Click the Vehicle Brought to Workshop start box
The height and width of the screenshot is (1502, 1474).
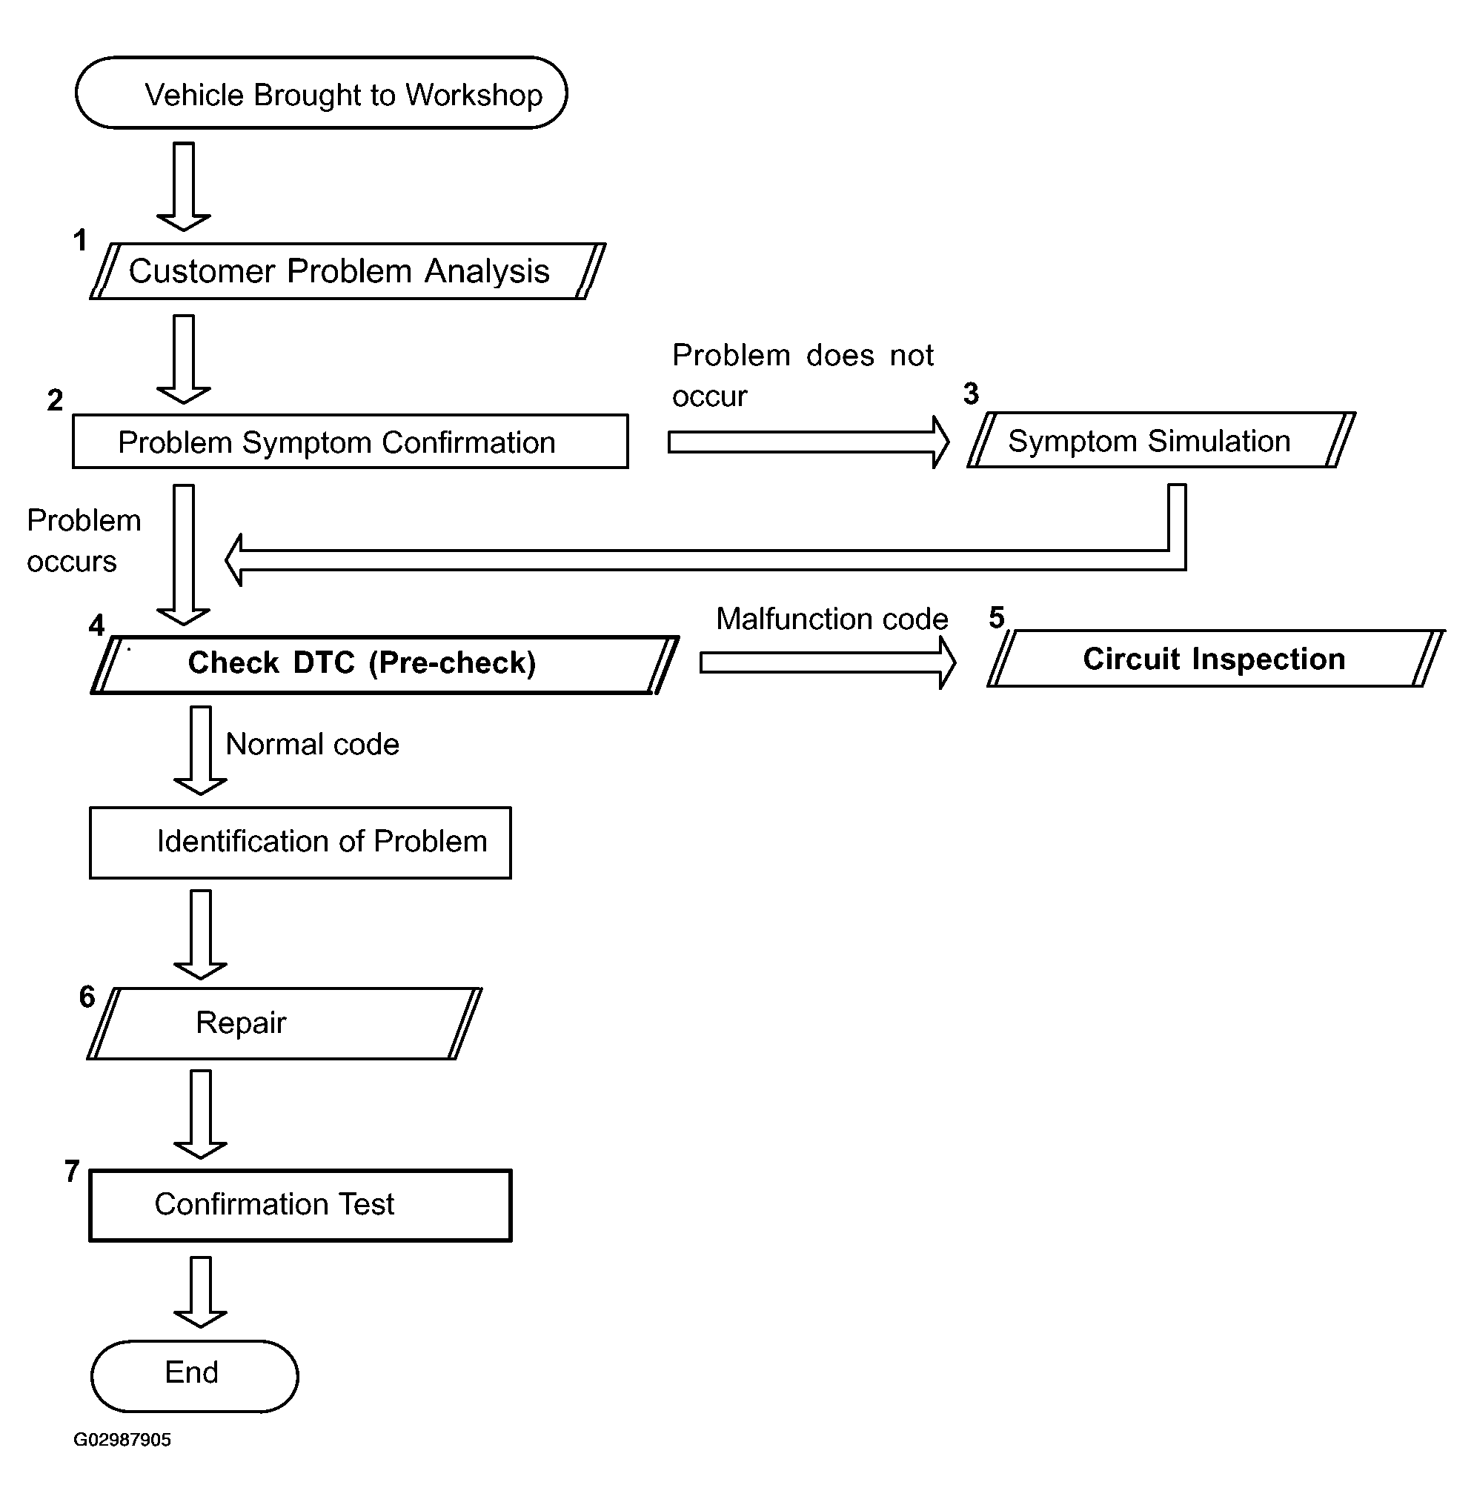point(322,93)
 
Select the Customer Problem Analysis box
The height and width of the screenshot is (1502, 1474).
point(348,271)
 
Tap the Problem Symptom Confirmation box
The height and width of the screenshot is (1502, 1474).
point(350,442)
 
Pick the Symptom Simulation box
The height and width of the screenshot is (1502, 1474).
point(1161,439)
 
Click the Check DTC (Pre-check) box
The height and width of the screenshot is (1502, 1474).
point(385,664)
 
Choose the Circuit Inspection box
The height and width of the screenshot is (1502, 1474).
point(1216,658)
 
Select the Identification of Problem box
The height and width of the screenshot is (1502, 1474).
point(300,843)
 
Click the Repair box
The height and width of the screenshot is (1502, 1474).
point(284,1023)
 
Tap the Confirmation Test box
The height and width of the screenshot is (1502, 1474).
point(300,1206)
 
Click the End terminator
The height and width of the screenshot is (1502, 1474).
point(194,1376)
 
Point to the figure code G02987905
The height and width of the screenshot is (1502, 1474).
point(122,1439)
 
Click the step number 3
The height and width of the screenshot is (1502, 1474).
point(972,393)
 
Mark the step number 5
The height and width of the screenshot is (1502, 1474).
point(997,617)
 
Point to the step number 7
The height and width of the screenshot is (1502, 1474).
point(72,1172)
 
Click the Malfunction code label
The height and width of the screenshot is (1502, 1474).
point(832,619)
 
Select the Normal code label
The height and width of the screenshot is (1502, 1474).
point(313,744)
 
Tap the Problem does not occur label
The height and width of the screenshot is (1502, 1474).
point(803,376)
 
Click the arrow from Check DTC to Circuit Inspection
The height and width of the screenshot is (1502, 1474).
point(829,662)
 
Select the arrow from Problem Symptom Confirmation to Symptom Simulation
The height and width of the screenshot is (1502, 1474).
point(809,442)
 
